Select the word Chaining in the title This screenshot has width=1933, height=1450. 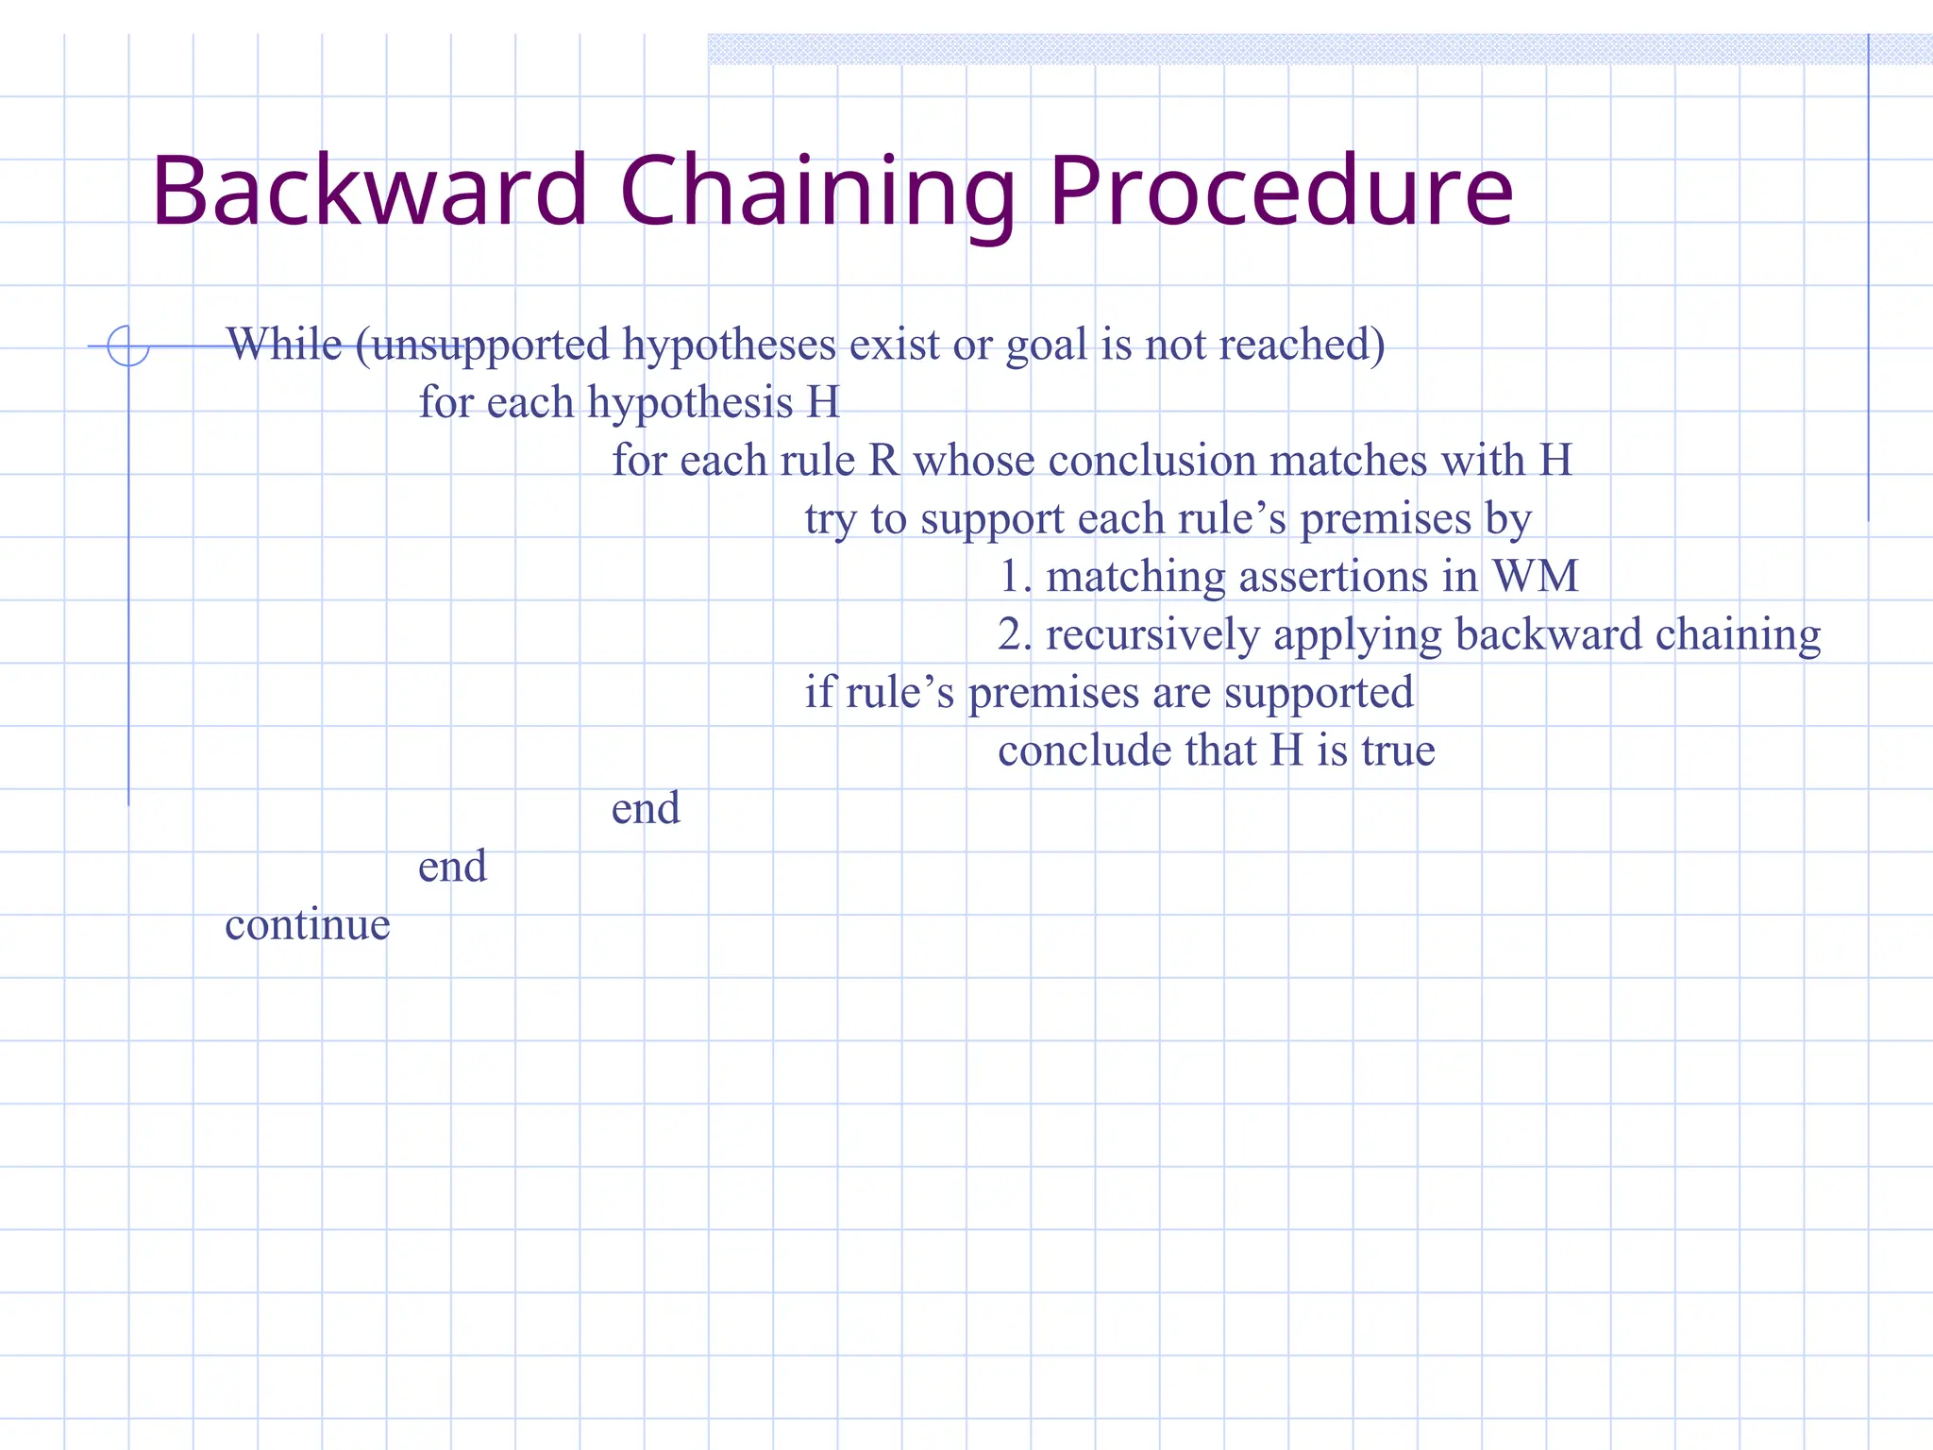click(x=817, y=193)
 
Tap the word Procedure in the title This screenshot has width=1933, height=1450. click(x=1281, y=193)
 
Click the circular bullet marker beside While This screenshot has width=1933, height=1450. click(x=128, y=346)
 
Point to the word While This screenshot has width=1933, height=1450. click(x=284, y=345)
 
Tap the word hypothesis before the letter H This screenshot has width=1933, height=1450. click(x=690, y=404)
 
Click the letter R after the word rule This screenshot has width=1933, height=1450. click(x=883, y=462)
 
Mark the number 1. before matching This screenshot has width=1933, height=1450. click(x=1016, y=577)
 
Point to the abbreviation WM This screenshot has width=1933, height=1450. click(x=1535, y=577)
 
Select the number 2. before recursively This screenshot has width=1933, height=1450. click(x=1016, y=635)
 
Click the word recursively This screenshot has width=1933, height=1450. click(x=1152, y=635)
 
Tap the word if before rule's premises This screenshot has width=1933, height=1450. click(x=818, y=692)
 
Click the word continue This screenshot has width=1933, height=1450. click(x=308, y=925)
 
